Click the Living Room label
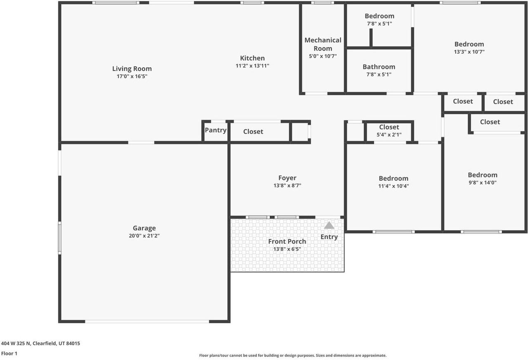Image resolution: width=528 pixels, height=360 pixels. pos(132,69)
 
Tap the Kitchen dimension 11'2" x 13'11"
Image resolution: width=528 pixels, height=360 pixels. pos(252,66)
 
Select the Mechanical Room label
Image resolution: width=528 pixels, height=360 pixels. pos(323,44)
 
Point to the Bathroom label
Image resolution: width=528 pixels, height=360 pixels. pos(379,67)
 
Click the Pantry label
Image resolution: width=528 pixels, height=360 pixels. pos(215,130)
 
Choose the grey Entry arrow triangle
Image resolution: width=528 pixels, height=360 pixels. pos(329,225)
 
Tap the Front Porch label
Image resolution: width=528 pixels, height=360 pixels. pos(287,242)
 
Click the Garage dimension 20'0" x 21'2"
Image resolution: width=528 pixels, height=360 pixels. pos(144,236)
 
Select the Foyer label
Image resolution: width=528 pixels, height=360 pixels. pos(287,178)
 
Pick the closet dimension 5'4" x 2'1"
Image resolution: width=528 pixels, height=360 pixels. pos(389,134)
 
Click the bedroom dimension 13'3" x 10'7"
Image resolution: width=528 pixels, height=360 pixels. pos(469,52)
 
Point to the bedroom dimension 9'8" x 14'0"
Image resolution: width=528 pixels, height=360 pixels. pos(482,183)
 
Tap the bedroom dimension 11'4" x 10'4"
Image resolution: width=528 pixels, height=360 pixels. pos(394,186)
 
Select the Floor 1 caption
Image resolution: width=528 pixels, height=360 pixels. pos(9,353)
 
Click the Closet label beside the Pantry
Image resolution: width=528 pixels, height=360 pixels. pos(253,132)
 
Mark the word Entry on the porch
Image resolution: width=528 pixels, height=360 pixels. pos(329,237)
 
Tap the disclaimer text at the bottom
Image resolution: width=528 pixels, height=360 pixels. pos(293,355)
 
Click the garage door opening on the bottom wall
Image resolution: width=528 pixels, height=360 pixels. pos(147,321)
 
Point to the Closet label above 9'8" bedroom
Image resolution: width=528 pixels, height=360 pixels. pos(490,122)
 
